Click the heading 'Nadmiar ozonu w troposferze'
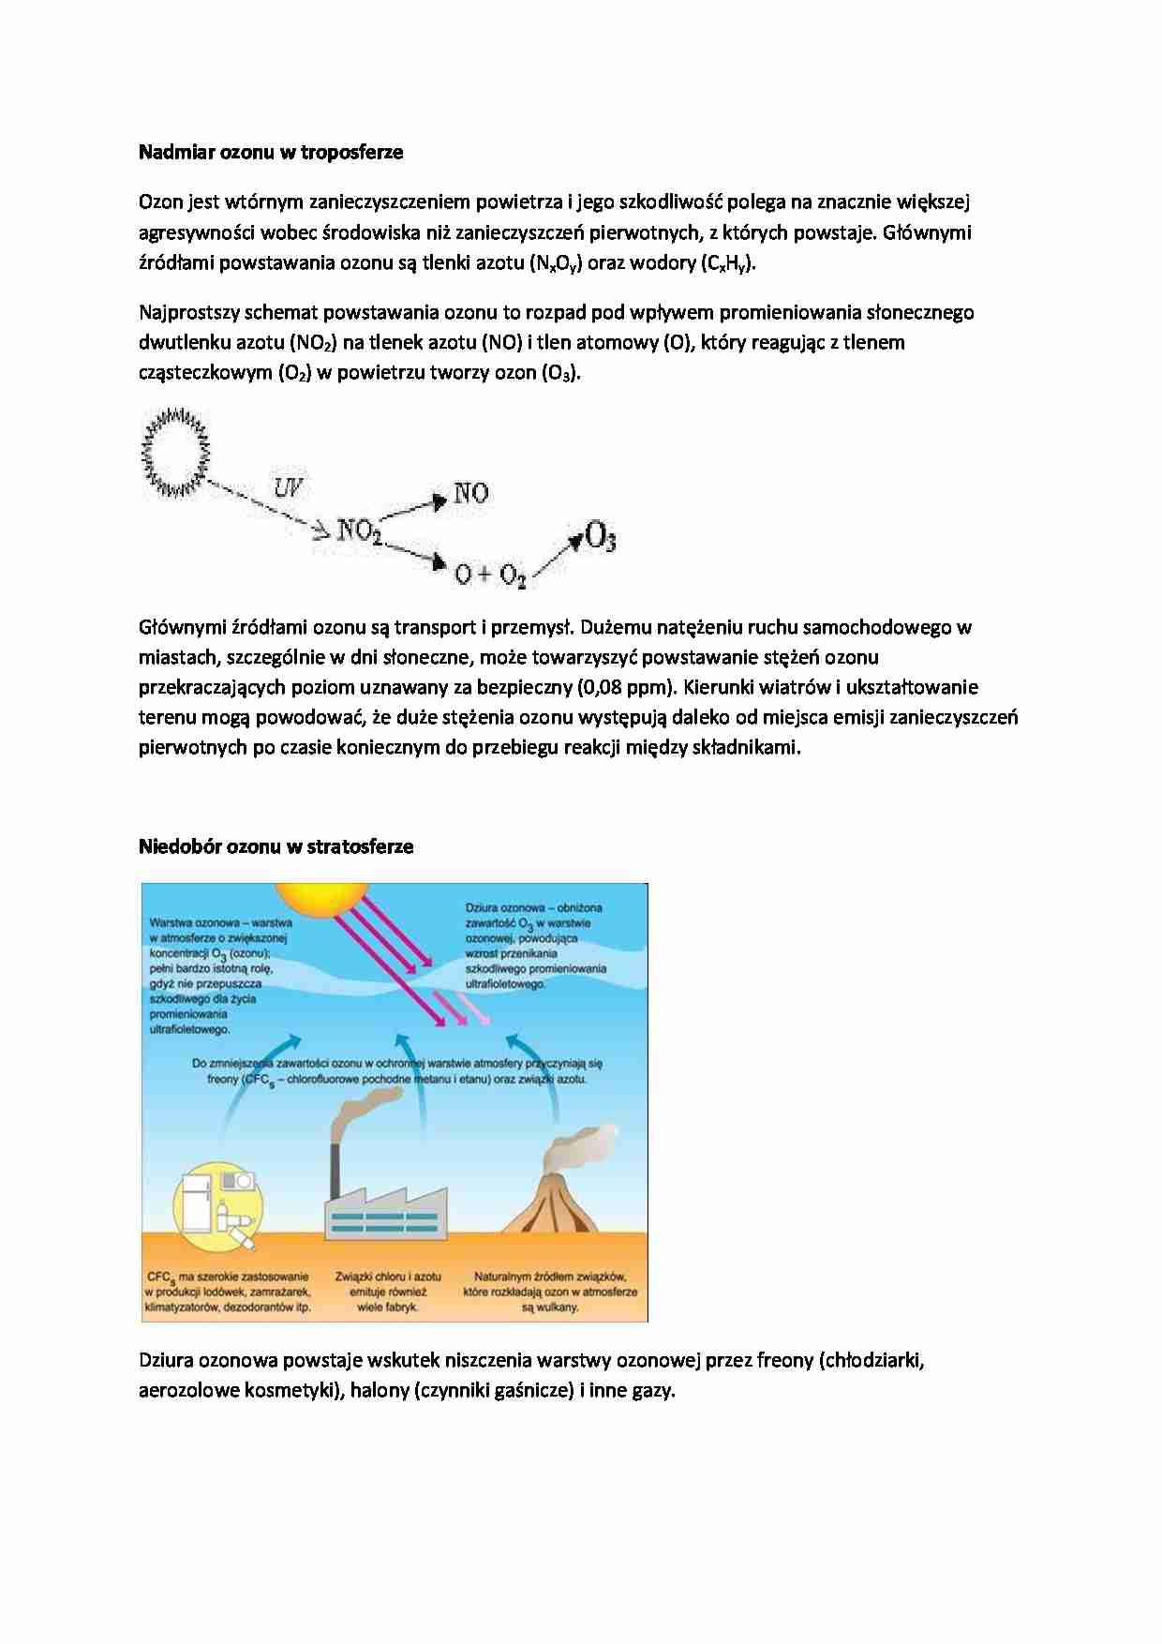(271, 152)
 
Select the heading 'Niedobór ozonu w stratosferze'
(276, 846)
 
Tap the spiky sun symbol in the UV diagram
(175, 452)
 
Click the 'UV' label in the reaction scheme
(288, 487)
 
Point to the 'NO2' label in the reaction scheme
(359, 531)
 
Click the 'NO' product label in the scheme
(470, 493)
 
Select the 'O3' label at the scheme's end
(600, 538)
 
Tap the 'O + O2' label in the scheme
(490, 574)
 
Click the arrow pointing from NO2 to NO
(413, 509)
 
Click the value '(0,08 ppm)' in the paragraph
(627, 687)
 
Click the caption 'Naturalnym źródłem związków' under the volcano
(550, 1277)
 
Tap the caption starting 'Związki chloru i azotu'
(388, 1277)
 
